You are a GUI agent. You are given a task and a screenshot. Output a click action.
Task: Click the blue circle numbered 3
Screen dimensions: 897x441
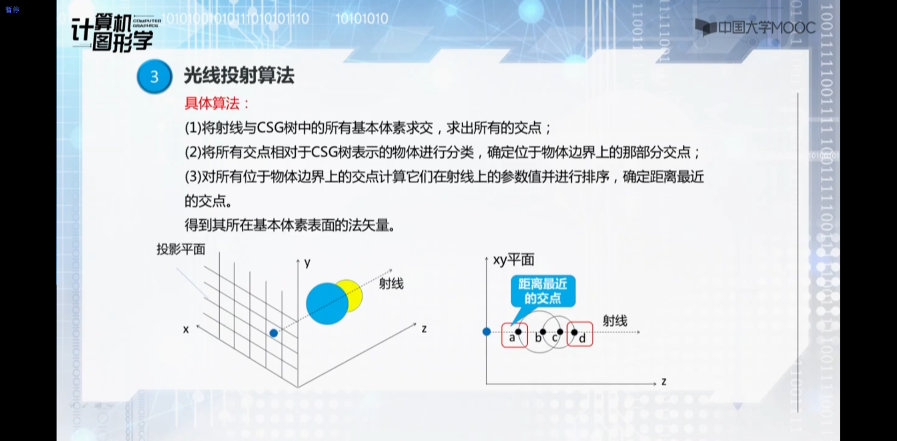click(x=154, y=76)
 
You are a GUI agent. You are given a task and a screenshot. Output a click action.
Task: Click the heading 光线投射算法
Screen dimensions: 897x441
click(x=239, y=75)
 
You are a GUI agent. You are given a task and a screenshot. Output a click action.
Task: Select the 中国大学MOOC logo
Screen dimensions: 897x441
click(x=755, y=28)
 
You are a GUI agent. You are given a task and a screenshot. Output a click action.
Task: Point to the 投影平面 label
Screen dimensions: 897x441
click(x=181, y=249)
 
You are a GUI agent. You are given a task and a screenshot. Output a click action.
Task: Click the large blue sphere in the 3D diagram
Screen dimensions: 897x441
click(x=327, y=304)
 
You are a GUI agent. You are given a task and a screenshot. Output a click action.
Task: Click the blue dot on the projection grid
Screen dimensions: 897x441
click(x=274, y=333)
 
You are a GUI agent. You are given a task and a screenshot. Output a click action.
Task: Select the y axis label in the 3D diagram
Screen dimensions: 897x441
click(x=307, y=263)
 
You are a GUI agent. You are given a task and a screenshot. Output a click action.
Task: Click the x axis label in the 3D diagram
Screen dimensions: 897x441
click(x=186, y=329)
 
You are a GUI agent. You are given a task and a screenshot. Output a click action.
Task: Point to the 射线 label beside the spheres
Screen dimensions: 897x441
click(x=391, y=284)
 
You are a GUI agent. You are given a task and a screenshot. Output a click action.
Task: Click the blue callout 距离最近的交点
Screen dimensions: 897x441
click(x=543, y=291)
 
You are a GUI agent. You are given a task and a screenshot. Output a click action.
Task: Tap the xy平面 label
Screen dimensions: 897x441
click(x=514, y=260)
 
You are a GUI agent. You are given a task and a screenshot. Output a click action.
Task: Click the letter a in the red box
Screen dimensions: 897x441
click(x=512, y=337)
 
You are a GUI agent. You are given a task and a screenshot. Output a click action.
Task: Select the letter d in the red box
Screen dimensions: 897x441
click(x=582, y=338)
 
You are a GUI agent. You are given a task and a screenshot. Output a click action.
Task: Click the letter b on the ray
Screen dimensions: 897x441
click(x=538, y=338)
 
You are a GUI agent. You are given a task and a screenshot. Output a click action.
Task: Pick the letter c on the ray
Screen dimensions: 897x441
click(x=555, y=338)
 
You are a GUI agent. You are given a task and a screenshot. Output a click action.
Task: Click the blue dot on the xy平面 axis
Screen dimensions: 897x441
click(x=486, y=332)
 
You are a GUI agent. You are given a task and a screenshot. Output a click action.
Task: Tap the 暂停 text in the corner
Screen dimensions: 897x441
click(x=13, y=9)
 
